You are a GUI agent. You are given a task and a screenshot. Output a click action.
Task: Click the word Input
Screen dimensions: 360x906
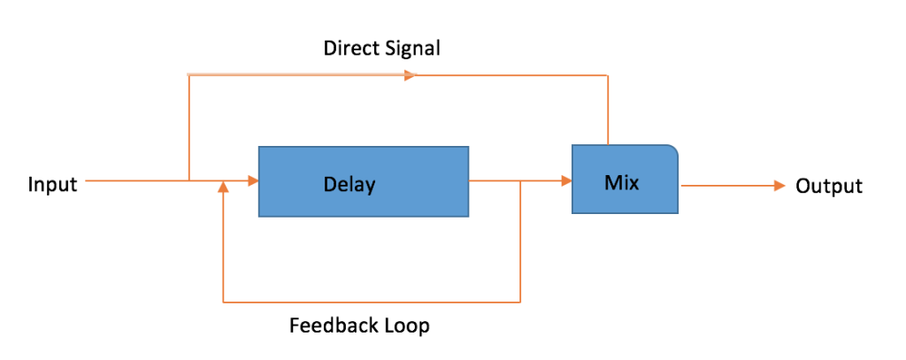pyautogui.click(x=53, y=185)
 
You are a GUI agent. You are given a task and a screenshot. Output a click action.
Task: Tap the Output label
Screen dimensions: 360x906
pyautogui.click(x=829, y=186)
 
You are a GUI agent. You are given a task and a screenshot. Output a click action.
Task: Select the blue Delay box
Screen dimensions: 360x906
pyautogui.click(x=363, y=181)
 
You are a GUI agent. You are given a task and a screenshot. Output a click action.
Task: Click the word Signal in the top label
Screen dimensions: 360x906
pyautogui.click(x=412, y=48)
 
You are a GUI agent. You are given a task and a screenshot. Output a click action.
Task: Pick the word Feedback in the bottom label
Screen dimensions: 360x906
pyautogui.click(x=329, y=326)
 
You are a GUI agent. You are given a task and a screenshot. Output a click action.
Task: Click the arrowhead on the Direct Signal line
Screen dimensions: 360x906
pyautogui.click(x=410, y=75)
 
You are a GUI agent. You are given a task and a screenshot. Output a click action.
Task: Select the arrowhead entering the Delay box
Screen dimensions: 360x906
pyautogui.click(x=252, y=181)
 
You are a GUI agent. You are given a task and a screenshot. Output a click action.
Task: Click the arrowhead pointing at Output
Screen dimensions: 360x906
pyautogui.click(x=779, y=186)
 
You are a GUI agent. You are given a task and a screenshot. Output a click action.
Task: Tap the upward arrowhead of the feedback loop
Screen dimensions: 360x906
pyautogui.click(x=224, y=188)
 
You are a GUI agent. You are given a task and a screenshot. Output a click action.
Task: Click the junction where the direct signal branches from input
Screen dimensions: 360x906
pyautogui.click(x=189, y=181)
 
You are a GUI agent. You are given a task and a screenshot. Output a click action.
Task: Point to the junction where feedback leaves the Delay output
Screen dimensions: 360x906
pyautogui.click(x=520, y=181)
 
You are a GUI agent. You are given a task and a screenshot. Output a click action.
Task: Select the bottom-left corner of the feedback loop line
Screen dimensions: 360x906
pyautogui.click(x=224, y=303)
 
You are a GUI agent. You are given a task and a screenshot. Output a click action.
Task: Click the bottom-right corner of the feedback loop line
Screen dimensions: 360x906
pyautogui.click(x=520, y=303)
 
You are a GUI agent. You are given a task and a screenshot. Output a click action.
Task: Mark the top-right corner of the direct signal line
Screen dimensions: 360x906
pyautogui.click(x=608, y=75)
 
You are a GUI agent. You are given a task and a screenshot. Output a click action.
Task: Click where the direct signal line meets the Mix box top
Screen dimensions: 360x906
pyautogui.click(x=608, y=144)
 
